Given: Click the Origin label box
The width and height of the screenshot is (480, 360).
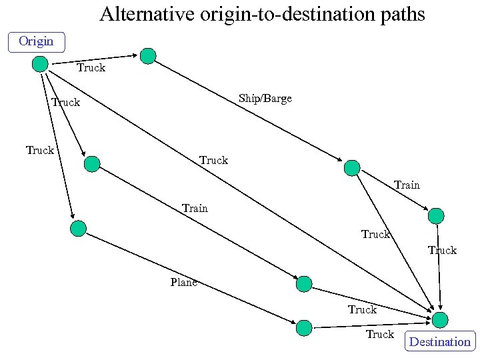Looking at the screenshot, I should click(x=36, y=41).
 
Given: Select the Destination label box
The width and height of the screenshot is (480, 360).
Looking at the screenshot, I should click(x=439, y=341).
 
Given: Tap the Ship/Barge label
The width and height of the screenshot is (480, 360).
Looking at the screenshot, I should click(x=265, y=99).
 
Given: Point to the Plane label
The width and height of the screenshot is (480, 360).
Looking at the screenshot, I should click(x=183, y=282).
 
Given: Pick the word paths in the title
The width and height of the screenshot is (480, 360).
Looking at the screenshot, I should click(x=401, y=14).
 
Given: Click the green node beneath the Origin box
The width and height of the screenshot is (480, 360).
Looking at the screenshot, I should click(x=41, y=64).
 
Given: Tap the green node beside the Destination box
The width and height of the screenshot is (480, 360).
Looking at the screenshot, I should click(x=440, y=320).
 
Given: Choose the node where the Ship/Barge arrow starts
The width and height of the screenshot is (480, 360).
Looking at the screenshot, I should click(x=148, y=57).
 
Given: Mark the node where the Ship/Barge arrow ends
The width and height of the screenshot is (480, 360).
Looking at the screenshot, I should click(x=351, y=167).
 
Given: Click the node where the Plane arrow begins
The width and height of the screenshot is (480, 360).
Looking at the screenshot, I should click(x=79, y=229).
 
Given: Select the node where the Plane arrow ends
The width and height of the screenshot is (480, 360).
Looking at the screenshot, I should click(x=304, y=327).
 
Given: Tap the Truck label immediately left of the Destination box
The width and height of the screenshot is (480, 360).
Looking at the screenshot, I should click(x=379, y=334).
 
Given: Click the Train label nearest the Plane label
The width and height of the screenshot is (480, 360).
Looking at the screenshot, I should click(x=195, y=208).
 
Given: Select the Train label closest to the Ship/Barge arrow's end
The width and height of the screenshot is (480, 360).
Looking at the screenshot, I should click(x=407, y=185).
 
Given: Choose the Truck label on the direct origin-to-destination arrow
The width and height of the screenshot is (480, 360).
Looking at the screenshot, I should click(x=213, y=160).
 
